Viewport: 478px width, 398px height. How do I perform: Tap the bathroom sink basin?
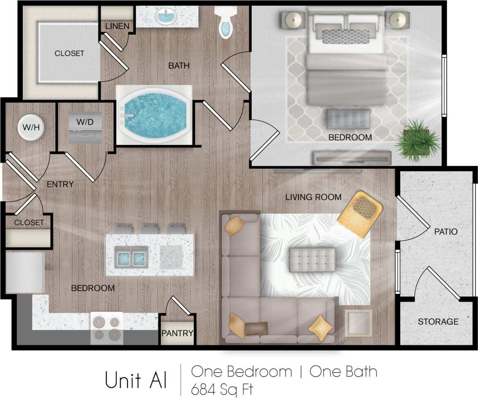(x=166, y=17)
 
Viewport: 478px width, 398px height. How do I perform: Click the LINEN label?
(x=117, y=27)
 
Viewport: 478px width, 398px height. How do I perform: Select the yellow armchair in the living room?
(x=360, y=214)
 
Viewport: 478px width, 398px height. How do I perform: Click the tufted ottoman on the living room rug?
(x=312, y=259)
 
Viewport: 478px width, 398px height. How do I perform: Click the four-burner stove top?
(x=107, y=328)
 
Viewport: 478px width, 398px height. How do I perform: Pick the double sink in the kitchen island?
(x=131, y=257)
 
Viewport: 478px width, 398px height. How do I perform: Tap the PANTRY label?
(x=177, y=333)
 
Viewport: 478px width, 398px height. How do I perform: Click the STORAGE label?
(x=438, y=322)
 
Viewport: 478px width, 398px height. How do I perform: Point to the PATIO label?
(x=446, y=231)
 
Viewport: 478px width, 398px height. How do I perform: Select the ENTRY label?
(x=60, y=184)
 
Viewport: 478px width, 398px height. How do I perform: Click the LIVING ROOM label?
(x=313, y=197)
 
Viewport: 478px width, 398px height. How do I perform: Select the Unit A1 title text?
(x=136, y=380)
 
